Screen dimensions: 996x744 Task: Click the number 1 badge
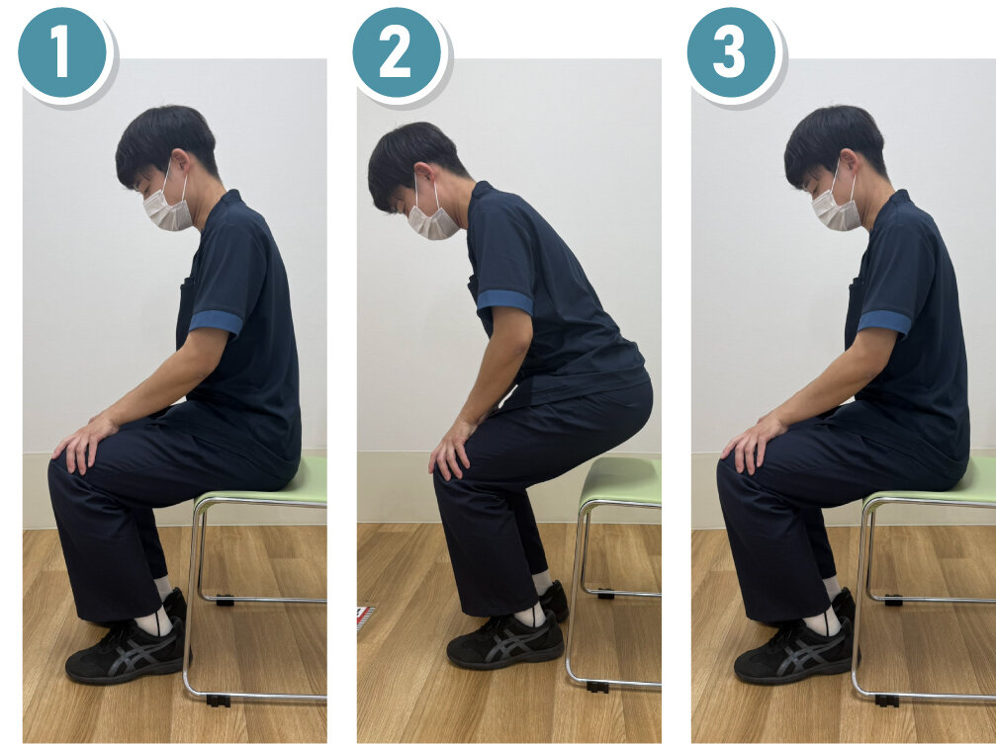61,52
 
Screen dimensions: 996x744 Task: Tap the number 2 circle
397,52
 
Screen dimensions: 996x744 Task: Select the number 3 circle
731,52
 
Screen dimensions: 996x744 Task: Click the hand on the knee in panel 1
84,442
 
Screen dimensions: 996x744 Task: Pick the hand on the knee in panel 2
452,449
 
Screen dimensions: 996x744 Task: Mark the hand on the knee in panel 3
754,442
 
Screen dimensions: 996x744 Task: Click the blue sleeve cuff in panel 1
216,322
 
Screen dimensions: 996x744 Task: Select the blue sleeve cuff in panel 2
505,301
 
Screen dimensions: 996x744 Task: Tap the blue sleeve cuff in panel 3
885,322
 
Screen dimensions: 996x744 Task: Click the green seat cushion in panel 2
621,480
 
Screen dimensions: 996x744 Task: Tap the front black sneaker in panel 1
126,651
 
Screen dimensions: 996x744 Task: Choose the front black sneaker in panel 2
505,640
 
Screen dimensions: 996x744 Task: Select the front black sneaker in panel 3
794,651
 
